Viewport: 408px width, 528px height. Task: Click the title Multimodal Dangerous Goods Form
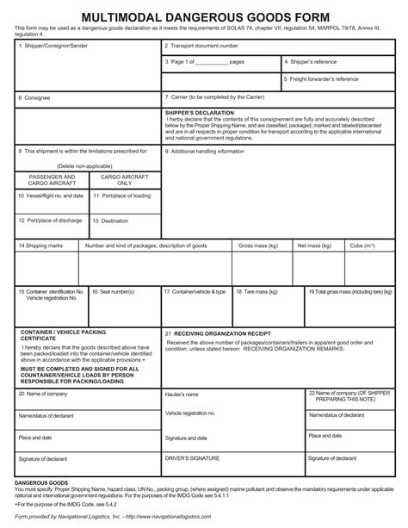(203, 16)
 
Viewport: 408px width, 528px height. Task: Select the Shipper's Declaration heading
(195, 113)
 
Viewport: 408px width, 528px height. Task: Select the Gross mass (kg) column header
(258, 245)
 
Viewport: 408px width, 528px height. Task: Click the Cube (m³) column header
(362, 245)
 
